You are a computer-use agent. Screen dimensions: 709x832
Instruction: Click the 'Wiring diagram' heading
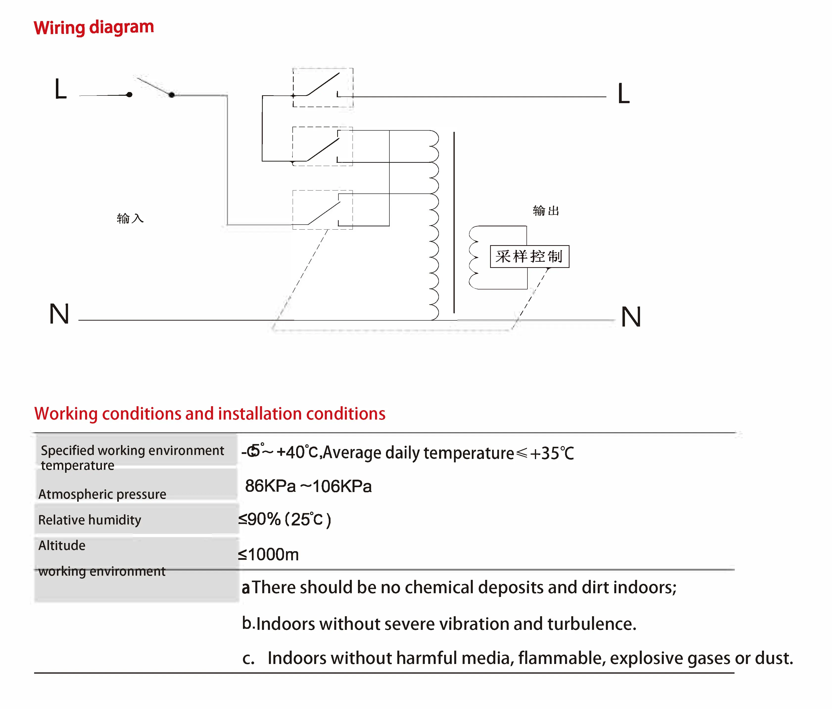tap(94, 27)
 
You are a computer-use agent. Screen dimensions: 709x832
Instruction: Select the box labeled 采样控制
tap(529, 256)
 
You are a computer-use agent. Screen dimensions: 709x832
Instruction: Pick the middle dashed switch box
tap(322, 146)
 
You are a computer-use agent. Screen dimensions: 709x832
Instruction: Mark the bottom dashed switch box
tap(322, 210)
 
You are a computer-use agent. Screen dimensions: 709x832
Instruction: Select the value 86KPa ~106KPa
tap(308, 486)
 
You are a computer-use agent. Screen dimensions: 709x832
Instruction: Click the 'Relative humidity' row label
tap(90, 520)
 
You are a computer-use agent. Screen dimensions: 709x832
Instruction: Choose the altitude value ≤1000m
tap(268, 554)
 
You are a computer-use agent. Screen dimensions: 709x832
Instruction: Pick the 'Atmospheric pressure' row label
tap(102, 494)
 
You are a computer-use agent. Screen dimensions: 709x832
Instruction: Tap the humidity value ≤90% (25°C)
tap(284, 520)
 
